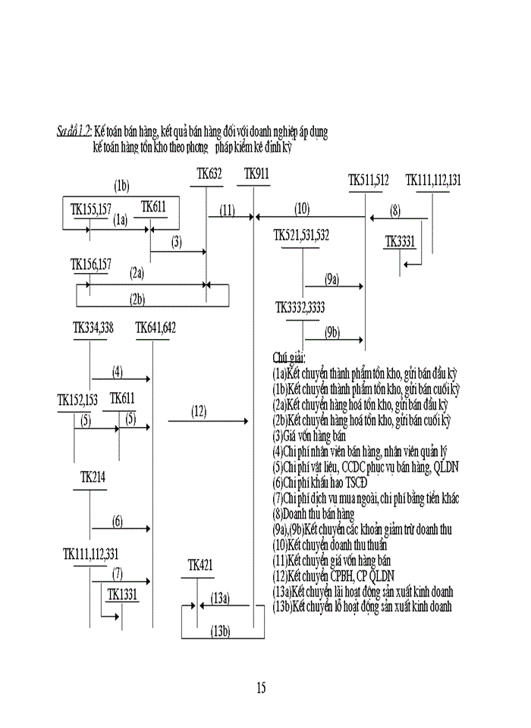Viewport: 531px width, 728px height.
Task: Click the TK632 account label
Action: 209,174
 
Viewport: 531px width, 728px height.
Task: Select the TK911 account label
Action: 256,174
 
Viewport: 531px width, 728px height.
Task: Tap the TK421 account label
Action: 200,565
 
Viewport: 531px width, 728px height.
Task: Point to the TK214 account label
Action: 93,477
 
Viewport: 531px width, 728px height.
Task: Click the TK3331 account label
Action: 400,242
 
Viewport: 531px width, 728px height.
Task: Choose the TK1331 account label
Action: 122,595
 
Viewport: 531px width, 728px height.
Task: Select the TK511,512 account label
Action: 369,180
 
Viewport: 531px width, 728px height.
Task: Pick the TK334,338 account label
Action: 93,328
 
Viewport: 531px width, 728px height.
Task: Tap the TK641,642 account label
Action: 156,328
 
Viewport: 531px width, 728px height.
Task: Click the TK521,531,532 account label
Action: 301,236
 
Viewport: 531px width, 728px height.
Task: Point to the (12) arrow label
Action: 199,412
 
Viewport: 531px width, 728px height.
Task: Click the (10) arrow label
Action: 302,209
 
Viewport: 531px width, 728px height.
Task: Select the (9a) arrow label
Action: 331,279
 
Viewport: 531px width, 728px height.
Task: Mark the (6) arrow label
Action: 118,521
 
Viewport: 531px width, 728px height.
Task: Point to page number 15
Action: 260,688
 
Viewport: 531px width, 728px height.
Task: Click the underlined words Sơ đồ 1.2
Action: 74,131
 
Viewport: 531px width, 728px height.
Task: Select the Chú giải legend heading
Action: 289,356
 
